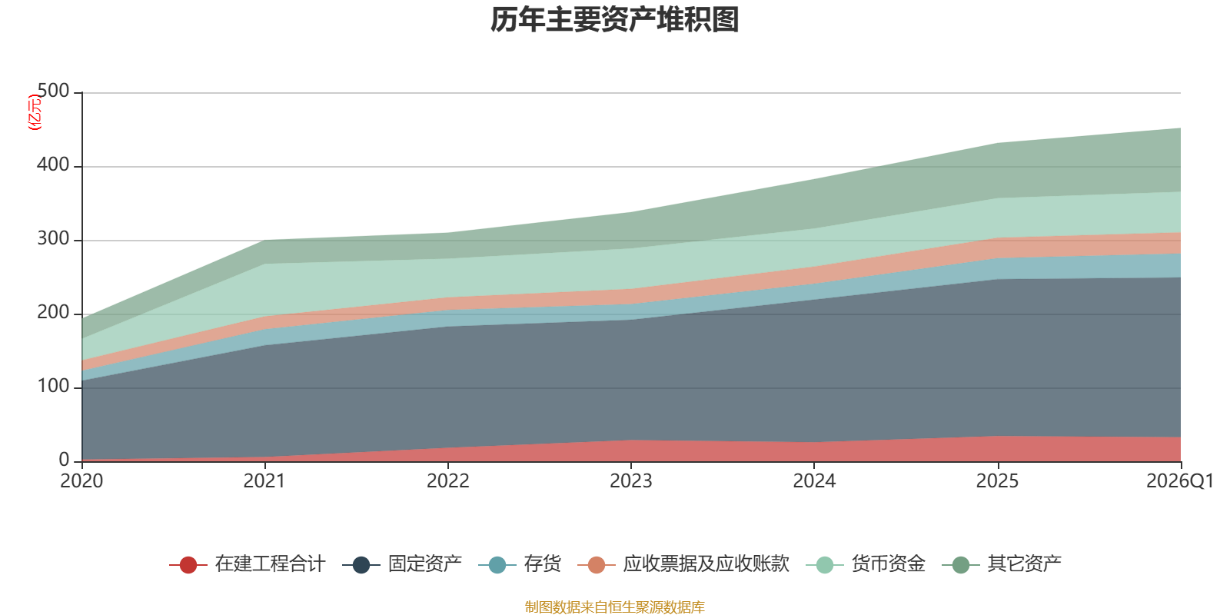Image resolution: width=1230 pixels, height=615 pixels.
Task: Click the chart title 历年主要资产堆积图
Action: click(614, 20)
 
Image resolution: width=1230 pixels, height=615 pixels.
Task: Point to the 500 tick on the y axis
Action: click(53, 91)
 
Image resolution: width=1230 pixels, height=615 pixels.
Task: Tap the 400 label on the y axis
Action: click(53, 165)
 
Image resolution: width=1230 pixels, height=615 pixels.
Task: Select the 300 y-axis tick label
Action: click(53, 239)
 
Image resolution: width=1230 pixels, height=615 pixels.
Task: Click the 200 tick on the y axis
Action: click(53, 312)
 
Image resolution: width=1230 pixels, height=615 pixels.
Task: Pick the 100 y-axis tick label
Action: click(53, 387)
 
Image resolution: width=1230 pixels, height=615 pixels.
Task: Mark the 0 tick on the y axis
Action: click(65, 460)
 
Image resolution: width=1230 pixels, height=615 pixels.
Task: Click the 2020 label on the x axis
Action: click(81, 481)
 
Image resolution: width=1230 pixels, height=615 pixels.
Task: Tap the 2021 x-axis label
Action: click(264, 481)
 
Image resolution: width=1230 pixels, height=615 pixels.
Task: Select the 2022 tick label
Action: click(448, 481)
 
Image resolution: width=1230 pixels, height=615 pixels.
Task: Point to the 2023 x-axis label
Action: click(631, 481)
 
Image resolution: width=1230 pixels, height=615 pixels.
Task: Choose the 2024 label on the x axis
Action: click(814, 481)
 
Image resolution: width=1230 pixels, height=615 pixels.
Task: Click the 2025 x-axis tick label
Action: click(997, 481)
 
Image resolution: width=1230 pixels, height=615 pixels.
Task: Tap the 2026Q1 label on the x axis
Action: click(1180, 481)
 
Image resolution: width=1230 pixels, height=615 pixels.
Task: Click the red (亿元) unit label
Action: click(35, 112)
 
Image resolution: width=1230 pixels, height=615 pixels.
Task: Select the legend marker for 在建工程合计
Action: click(188, 565)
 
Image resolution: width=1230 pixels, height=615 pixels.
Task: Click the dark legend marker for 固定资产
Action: click(361, 565)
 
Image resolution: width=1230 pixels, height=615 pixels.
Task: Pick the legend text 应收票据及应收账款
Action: click(706, 564)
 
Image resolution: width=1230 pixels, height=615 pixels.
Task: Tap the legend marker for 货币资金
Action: click(825, 565)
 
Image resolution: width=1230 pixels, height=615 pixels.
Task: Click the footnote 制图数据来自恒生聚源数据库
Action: click(614, 607)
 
